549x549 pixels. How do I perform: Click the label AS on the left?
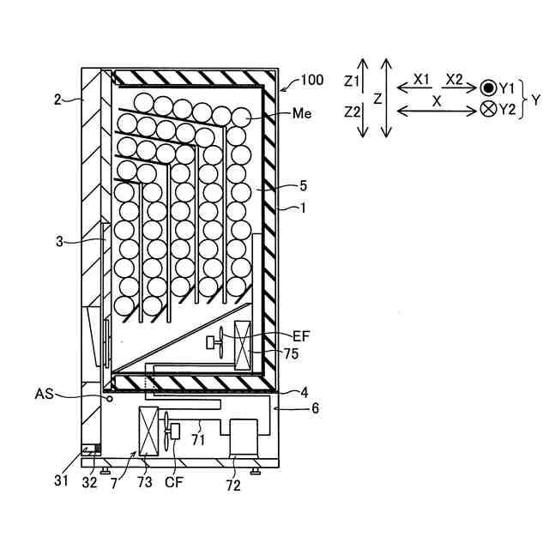pyautogui.click(x=45, y=394)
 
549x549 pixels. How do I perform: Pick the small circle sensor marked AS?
pyautogui.click(x=109, y=398)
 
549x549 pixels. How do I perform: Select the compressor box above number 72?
pyautogui.click(x=245, y=437)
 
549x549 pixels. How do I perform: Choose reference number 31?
pyautogui.click(x=61, y=481)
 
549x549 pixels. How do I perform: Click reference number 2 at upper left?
pyautogui.click(x=58, y=100)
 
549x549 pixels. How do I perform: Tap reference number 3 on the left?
pyautogui.click(x=58, y=243)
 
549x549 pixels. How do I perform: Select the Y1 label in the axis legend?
pyautogui.click(x=506, y=87)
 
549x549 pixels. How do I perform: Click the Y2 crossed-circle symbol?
pyautogui.click(x=487, y=110)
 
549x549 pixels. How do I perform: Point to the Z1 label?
pyautogui.click(x=351, y=81)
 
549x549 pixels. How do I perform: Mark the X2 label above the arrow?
pyautogui.click(x=453, y=78)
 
